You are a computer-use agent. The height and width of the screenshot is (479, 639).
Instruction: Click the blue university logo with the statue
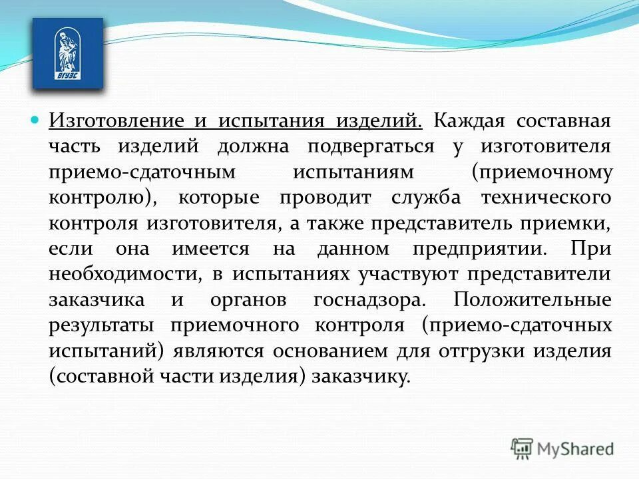tap(68, 53)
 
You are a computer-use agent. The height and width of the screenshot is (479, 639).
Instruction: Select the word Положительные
tap(532, 299)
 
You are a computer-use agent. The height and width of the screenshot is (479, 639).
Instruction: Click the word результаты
tap(102, 325)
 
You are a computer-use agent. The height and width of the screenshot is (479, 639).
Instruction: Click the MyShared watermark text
tap(576, 448)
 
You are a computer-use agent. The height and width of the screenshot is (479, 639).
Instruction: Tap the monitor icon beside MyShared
tap(523, 448)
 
